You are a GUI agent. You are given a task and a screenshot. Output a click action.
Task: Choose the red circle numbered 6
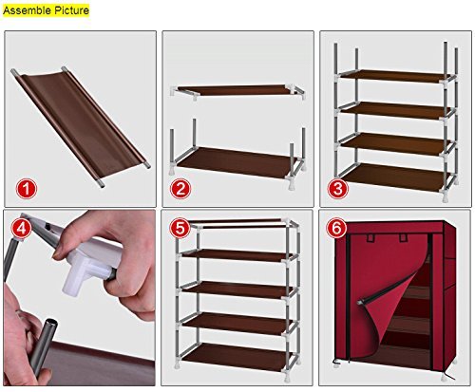(335, 228)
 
